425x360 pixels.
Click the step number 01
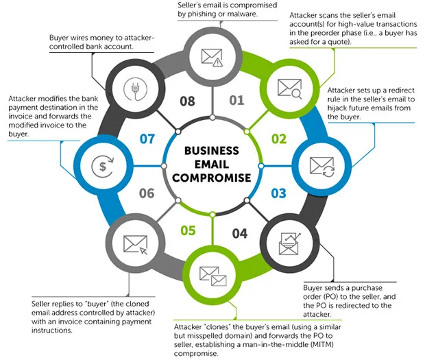click(236, 100)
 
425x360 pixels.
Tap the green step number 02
click(279, 139)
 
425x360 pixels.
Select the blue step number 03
click(278, 193)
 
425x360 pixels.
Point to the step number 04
click(240, 234)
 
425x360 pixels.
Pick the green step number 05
click(188, 230)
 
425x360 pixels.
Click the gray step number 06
click(147, 193)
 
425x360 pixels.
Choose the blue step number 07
click(147, 139)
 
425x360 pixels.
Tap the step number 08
click(187, 101)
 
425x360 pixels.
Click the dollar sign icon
click(103, 166)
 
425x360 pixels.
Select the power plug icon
click(135, 89)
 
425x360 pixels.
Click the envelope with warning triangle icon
click(212, 58)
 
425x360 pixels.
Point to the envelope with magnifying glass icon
click(290, 88)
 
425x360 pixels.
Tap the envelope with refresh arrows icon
click(322, 167)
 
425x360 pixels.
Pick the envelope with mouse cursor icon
click(136, 245)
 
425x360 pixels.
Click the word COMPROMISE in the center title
click(212, 178)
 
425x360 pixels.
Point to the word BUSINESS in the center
click(212, 151)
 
